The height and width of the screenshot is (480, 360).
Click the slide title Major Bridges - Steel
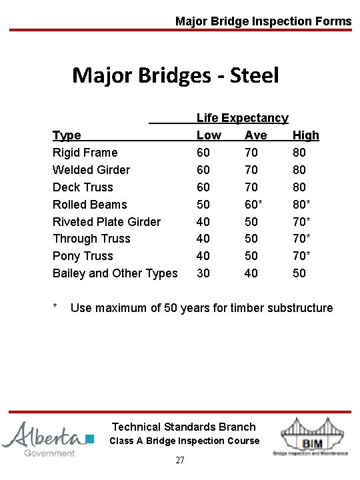(x=175, y=75)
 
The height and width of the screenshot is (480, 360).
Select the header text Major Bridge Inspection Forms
(x=263, y=21)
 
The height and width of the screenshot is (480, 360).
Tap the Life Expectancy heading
(x=242, y=118)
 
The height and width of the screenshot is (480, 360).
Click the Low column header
(x=209, y=135)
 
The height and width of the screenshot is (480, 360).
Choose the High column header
(x=306, y=135)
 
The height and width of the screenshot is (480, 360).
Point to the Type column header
(x=67, y=135)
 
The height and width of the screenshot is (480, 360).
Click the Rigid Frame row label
(x=85, y=153)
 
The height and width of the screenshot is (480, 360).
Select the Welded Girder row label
(x=91, y=170)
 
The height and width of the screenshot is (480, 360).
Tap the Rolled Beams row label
(x=89, y=205)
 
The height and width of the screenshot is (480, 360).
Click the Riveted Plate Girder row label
(x=107, y=221)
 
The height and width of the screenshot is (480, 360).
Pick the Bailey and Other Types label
(x=115, y=273)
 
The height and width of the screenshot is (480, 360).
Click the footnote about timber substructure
(x=201, y=308)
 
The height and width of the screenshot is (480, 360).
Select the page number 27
(x=180, y=461)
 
